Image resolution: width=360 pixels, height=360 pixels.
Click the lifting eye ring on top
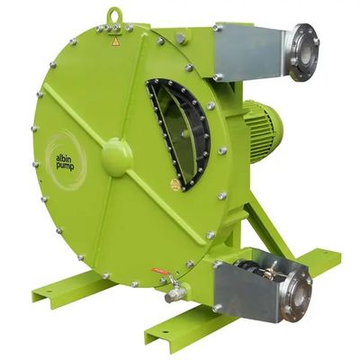pyautogui.click(x=115, y=12)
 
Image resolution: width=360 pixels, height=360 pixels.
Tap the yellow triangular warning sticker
pyautogui.click(x=116, y=42)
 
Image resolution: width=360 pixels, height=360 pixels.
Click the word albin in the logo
pyautogui.click(x=62, y=158)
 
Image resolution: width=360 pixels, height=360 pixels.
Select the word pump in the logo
pyautogui.click(x=65, y=166)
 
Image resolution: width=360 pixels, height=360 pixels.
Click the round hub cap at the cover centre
pyautogui.click(x=117, y=157)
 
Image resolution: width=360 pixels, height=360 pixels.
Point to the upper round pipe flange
pyautogui.click(x=303, y=52)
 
